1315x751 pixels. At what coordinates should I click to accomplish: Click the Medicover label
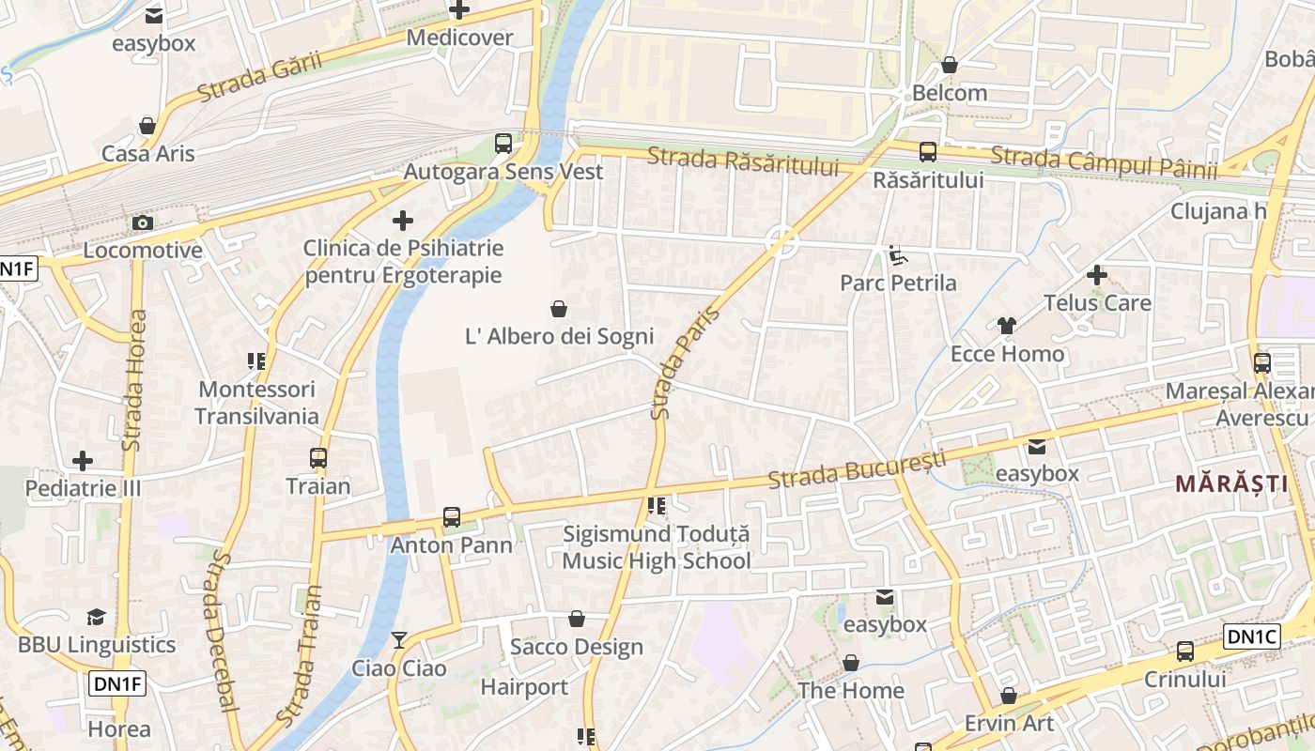[x=460, y=38]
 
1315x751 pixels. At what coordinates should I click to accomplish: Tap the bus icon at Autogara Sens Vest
[x=503, y=144]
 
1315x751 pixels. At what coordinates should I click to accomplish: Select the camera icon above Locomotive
[x=143, y=222]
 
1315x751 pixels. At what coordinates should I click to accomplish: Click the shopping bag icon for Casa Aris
[x=147, y=125]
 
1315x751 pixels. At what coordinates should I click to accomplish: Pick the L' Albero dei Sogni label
[x=560, y=336]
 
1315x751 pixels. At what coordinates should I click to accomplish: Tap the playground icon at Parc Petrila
[x=897, y=254]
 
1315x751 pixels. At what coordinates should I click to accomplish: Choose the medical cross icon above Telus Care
[x=1096, y=275]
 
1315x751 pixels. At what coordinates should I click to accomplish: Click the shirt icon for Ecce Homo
[x=1007, y=326]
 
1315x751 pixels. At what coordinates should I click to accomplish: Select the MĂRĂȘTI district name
[x=1231, y=484]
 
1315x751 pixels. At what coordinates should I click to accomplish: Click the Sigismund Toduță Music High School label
[x=657, y=547]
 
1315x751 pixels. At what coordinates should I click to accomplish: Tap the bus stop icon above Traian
[x=318, y=458]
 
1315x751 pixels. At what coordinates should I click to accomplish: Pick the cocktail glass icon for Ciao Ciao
[x=399, y=640]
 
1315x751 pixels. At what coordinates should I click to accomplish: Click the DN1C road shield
[x=1252, y=636]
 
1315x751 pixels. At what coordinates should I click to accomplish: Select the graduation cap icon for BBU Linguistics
[x=97, y=617]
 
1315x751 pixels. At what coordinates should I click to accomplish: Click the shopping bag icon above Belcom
[x=950, y=65]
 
